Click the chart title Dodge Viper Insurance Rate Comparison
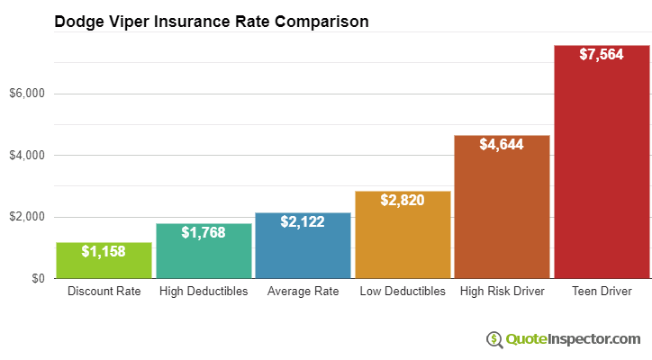click(211, 22)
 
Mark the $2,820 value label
click(402, 200)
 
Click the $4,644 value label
click(502, 144)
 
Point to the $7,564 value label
click(601, 54)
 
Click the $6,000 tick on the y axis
click(27, 94)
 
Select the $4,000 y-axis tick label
click(27, 156)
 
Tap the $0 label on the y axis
click(37, 279)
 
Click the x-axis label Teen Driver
click(601, 292)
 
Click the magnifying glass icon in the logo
click(494, 339)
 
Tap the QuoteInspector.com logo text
click(572, 339)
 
